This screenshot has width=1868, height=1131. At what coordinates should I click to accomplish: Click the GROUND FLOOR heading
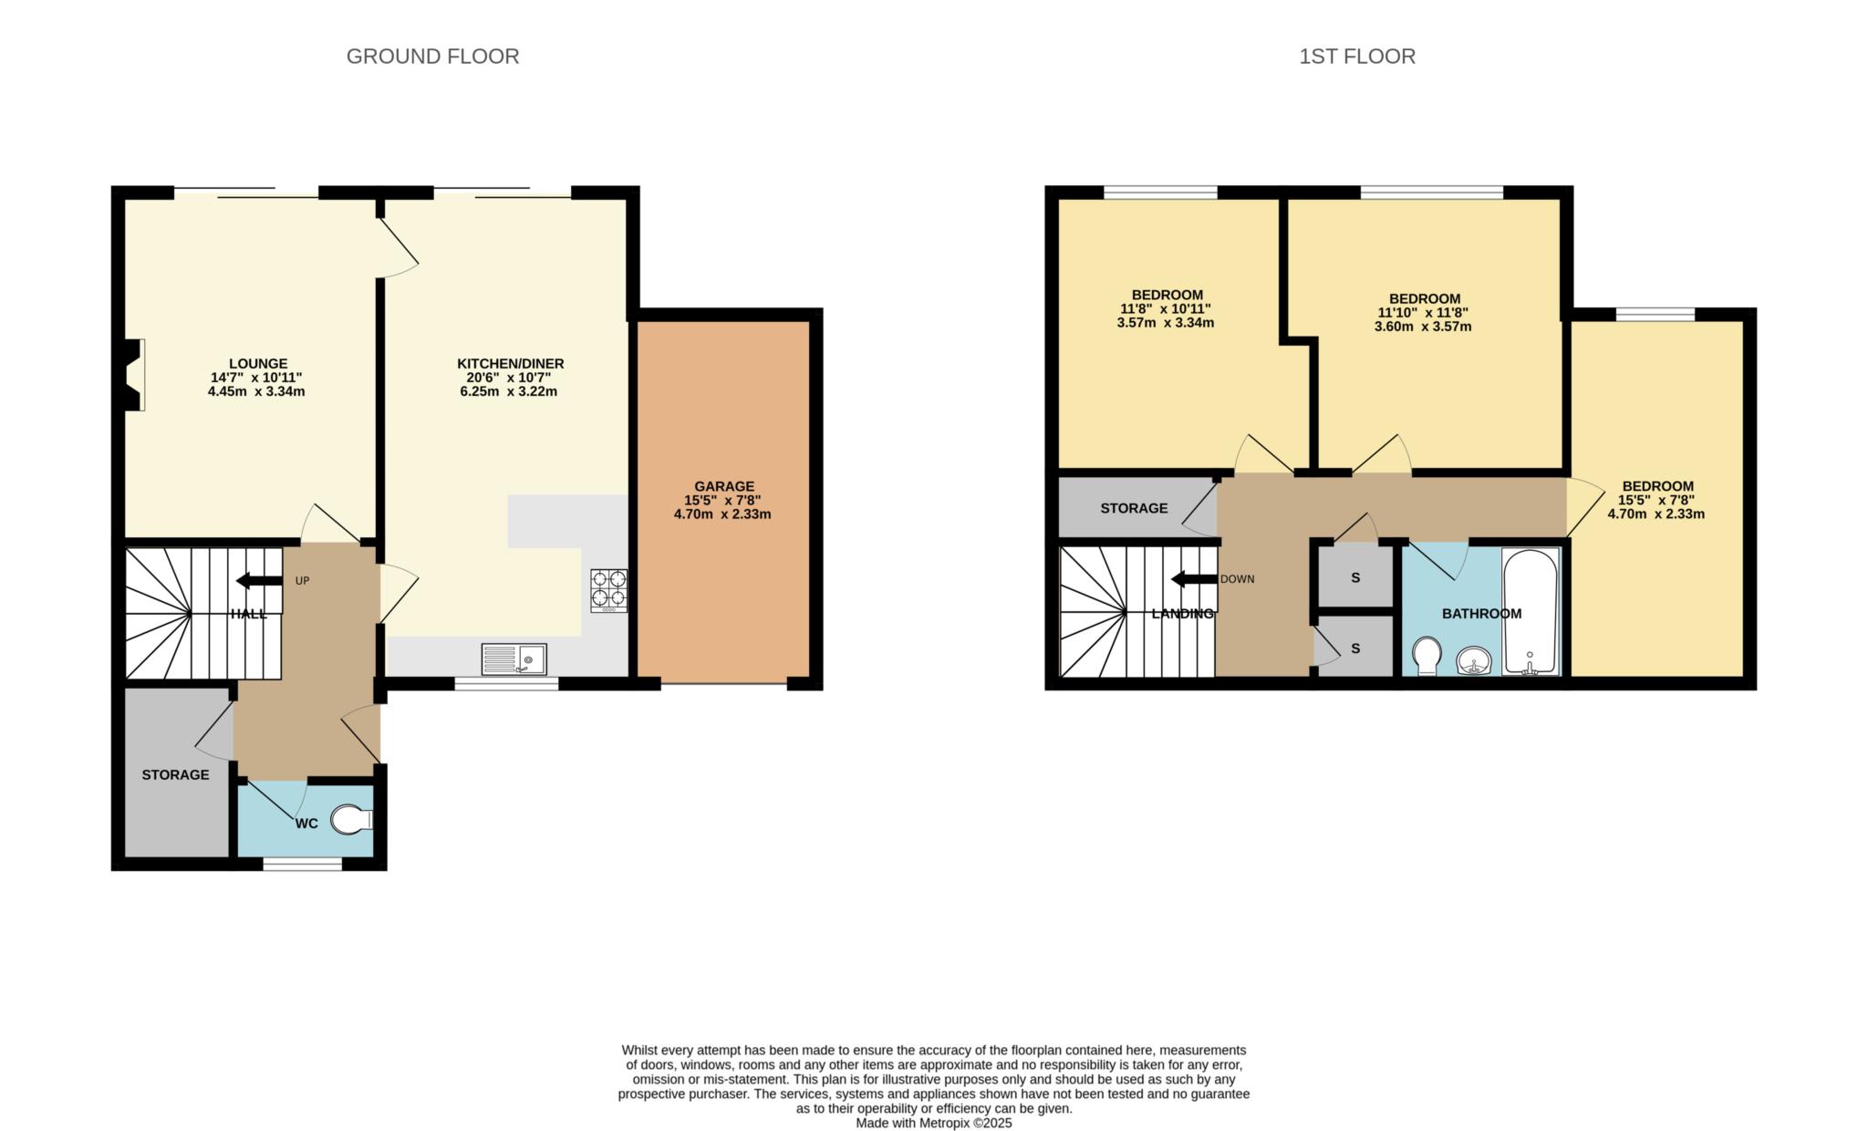(432, 57)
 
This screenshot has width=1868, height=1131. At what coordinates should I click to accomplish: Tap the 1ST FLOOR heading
(1356, 57)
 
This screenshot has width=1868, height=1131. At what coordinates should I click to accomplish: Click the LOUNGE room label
(257, 363)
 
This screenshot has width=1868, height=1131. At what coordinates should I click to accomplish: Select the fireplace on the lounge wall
(135, 374)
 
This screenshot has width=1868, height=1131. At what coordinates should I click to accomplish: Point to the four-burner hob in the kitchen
(608, 589)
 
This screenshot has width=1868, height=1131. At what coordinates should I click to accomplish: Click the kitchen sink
(514, 659)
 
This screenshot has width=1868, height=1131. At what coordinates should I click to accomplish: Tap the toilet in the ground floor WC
(351, 819)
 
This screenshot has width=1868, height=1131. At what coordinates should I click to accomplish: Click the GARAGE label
(724, 486)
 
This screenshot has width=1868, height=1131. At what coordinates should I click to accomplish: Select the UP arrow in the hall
(259, 581)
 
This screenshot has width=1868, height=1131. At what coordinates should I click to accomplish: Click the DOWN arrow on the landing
(1194, 579)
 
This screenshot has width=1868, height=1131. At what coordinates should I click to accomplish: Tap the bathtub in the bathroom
(1530, 611)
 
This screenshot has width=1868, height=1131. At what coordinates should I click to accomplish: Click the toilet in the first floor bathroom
(1426, 656)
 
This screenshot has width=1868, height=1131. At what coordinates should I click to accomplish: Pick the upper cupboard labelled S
(1355, 577)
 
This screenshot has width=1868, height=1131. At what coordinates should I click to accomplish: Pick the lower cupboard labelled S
(1355, 649)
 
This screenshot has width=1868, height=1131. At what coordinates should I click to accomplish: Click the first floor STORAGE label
(1133, 508)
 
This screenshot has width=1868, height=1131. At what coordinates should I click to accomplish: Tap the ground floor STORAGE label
(175, 774)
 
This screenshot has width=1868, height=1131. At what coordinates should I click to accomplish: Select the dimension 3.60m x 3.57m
(1422, 327)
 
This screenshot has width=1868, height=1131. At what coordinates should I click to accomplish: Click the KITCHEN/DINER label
(510, 363)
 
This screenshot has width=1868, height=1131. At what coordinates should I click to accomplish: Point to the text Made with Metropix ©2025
(933, 1123)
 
